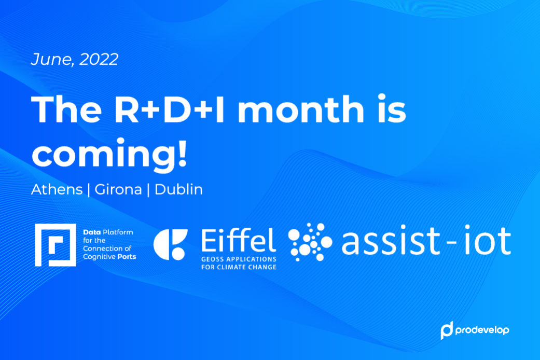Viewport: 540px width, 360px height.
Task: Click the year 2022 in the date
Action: tap(99, 59)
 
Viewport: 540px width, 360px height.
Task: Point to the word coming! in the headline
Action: tap(109, 154)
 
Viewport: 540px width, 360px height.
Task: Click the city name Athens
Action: tap(57, 189)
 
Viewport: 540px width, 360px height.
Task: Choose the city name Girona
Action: tap(118, 189)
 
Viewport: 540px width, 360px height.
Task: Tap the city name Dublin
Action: tap(178, 189)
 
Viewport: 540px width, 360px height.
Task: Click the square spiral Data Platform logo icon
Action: tap(56, 245)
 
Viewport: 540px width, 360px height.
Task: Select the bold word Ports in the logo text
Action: tap(127, 257)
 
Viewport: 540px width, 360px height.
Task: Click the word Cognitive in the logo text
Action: tap(99, 257)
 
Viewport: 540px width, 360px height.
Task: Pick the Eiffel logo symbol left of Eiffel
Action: tap(171, 244)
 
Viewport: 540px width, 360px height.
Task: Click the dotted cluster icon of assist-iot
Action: tap(310, 242)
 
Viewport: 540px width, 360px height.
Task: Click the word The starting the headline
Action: tap(66, 109)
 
